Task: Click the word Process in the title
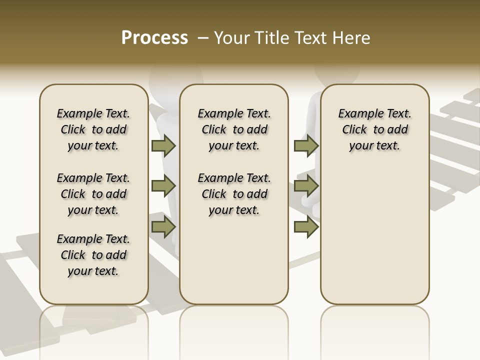point(154,37)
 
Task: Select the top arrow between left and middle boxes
point(163,145)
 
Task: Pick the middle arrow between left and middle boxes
point(163,186)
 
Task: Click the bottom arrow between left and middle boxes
point(163,227)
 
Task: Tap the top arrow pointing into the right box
point(306,145)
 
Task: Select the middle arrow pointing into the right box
point(306,186)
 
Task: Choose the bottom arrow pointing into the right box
point(306,227)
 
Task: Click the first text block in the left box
point(93,129)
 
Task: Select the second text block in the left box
point(93,194)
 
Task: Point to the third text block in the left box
point(93,255)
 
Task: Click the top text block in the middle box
point(234,129)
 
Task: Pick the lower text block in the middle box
point(234,194)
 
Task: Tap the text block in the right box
point(374,129)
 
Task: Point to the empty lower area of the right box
point(374,235)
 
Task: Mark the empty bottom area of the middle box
point(234,265)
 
